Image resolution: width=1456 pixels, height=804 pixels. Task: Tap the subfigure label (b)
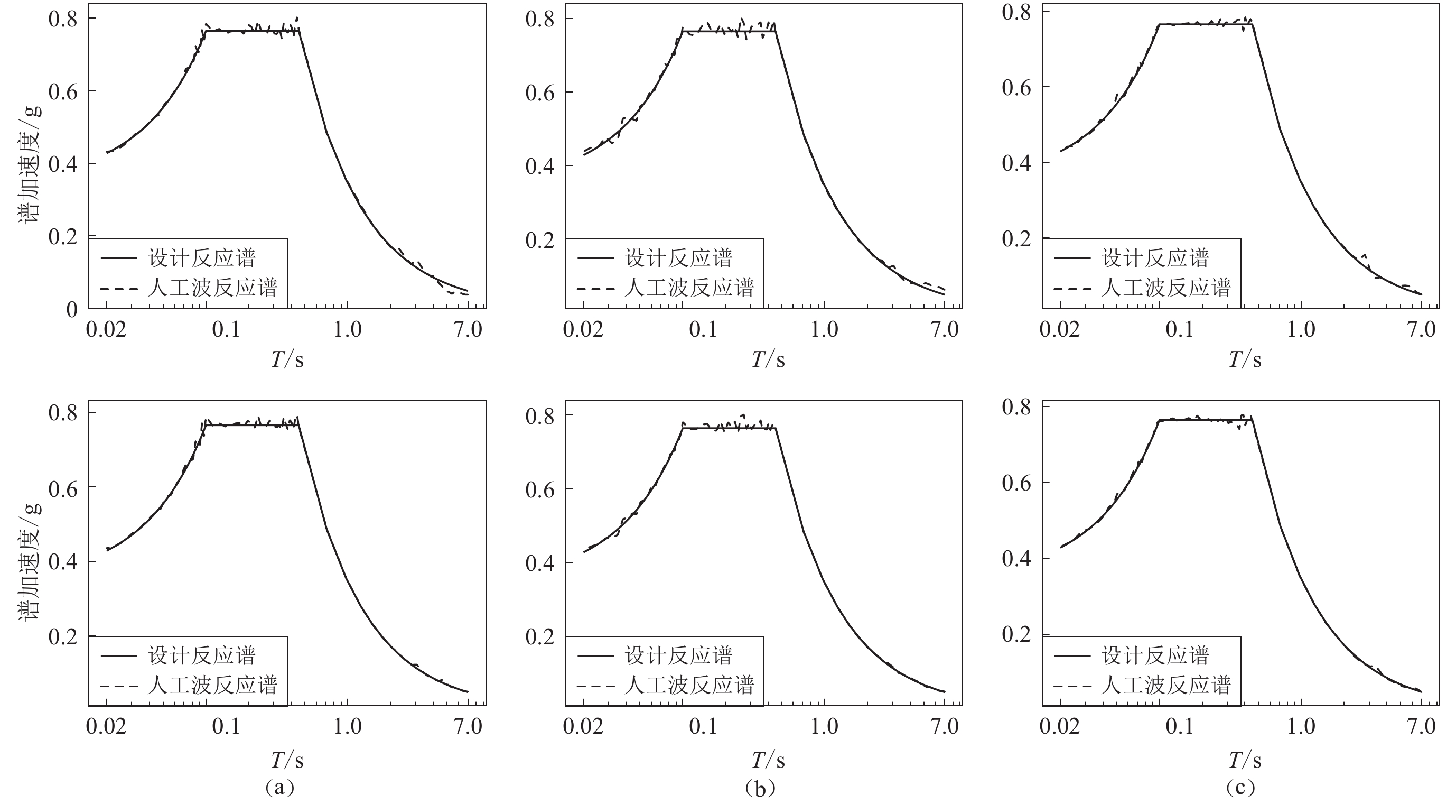tap(760, 788)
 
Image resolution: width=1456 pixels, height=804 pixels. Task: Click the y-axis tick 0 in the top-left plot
tap(72, 309)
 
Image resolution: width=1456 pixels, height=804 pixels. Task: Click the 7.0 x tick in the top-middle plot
tap(945, 330)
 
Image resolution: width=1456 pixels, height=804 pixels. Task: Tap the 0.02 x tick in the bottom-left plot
tap(106, 726)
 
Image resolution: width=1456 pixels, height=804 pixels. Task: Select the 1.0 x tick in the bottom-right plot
tap(1301, 726)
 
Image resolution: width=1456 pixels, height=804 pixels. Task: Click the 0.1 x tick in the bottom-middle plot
tap(703, 726)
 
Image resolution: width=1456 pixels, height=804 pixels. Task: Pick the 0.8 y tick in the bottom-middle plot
tap(540, 416)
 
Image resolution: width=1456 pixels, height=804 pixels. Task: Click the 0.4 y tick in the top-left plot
tap(63, 164)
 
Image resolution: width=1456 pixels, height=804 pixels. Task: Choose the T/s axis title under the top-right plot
tap(1245, 359)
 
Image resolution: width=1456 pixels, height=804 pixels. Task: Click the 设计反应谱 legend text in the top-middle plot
tap(679, 258)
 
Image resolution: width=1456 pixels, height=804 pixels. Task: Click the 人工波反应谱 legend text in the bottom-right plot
tap(1166, 685)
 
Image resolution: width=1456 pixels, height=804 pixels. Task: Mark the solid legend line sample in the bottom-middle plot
tap(595, 656)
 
